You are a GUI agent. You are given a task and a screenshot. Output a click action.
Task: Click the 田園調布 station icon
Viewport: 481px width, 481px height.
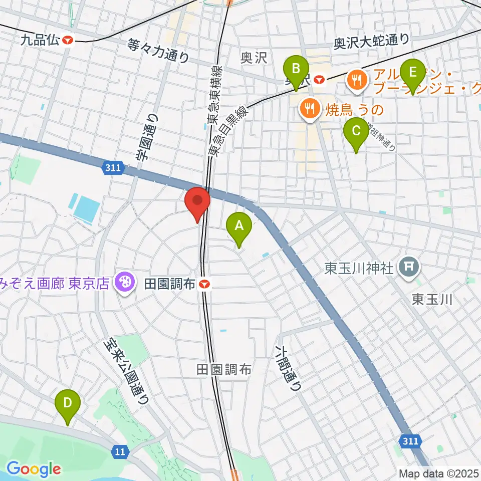coord(204,285)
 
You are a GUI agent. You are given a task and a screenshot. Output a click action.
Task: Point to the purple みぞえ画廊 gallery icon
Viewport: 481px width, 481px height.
coord(123,284)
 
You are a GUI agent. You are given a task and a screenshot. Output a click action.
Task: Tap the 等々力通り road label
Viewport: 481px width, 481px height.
coord(158,51)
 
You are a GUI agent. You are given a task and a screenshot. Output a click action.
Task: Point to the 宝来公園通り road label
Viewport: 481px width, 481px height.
coord(126,370)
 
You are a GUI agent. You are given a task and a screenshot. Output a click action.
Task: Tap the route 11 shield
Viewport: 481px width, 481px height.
coord(119,452)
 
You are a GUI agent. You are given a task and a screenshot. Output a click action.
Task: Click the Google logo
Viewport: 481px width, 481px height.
coord(34,469)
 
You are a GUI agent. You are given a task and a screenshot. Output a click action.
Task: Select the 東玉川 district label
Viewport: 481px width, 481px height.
coord(432,300)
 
